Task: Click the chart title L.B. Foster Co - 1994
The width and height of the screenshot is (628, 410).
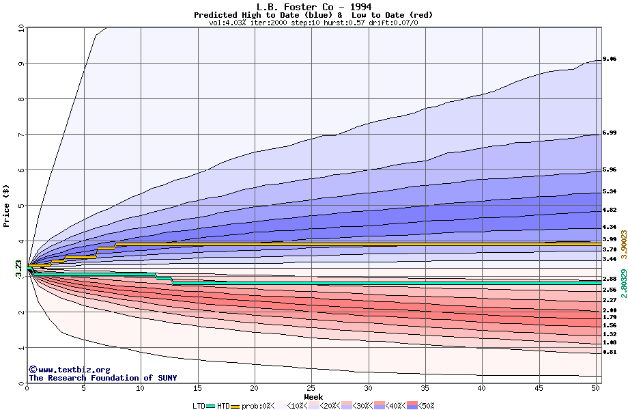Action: click(x=313, y=7)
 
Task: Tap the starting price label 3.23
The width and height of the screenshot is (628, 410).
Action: click(x=19, y=268)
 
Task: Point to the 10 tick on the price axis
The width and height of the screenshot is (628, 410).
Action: click(x=20, y=28)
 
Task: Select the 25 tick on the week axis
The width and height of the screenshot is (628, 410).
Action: click(x=311, y=388)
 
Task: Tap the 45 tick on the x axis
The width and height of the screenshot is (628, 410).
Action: click(x=539, y=388)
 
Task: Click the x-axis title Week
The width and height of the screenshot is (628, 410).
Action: click(x=313, y=396)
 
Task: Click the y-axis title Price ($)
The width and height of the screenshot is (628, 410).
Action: click(x=7, y=205)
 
